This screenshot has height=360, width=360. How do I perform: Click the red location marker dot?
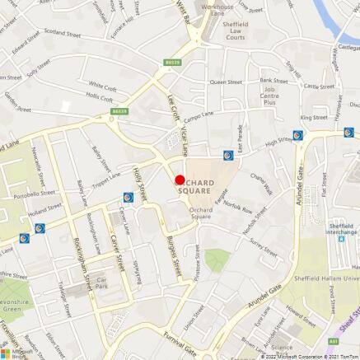click(x=180, y=180)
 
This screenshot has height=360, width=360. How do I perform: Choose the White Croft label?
click(x=103, y=85)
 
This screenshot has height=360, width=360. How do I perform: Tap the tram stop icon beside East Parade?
click(x=228, y=154)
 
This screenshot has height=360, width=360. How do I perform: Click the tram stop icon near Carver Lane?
click(x=128, y=197)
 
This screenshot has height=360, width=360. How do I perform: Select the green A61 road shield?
click(x=333, y=340)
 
